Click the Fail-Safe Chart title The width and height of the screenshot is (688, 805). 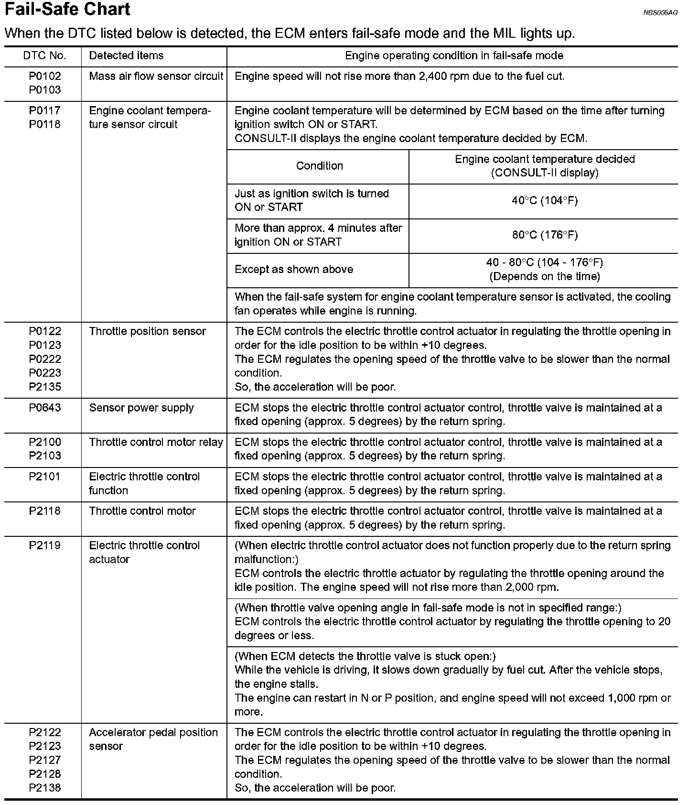(x=67, y=10)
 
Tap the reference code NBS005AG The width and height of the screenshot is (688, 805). (x=660, y=13)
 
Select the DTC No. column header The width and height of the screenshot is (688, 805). (x=44, y=56)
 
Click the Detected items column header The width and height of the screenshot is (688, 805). (x=126, y=56)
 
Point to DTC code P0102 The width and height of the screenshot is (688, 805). (x=45, y=76)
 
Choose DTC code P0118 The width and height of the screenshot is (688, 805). (x=45, y=124)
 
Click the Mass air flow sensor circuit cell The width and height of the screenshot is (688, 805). (x=156, y=76)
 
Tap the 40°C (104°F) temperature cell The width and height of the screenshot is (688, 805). (x=545, y=201)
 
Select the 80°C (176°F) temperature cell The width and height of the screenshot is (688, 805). (x=545, y=235)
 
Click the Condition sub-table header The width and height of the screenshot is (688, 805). (x=319, y=166)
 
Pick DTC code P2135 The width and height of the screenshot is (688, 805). (x=45, y=387)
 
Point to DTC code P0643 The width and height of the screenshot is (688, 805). (x=45, y=408)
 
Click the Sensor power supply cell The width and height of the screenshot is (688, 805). (x=141, y=408)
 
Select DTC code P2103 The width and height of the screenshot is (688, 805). (x=45, y=456)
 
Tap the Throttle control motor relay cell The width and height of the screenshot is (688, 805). (x=156, y=442)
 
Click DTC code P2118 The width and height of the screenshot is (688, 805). (x=45, y=511)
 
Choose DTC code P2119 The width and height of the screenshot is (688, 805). (x=45, y=545)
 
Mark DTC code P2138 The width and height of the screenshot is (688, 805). (x=45, y=788)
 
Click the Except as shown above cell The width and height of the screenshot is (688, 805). (x=294, y=269)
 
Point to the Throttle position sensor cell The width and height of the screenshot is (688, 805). (x=147, y=331)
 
